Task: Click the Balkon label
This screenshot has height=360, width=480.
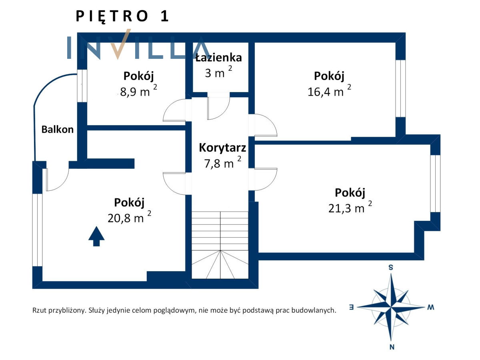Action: [57, 129]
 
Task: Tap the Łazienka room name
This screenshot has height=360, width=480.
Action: [218, 58]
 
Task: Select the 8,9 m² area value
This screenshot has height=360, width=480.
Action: [138, 90]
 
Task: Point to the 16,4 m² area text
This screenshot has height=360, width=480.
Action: [329, 90]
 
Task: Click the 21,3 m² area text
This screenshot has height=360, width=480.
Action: [350, 207]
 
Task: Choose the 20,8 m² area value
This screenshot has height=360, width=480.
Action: [129, 217]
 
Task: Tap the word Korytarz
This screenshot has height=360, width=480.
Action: [222, 148]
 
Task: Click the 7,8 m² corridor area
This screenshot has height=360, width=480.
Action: [223, 162]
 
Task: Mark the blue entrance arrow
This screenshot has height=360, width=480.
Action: [96, 236]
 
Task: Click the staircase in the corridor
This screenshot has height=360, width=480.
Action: [220, 245]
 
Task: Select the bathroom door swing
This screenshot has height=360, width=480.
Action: [218, 106]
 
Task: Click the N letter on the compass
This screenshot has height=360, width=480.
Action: [392, 347]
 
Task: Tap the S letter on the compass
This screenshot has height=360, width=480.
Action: [391, 267]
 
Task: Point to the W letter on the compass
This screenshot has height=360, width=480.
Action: [430, 307]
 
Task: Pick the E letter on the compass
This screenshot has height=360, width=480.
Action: [351, 307]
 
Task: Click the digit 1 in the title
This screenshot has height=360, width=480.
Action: [165, 16]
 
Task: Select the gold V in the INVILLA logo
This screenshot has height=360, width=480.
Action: [120, 44]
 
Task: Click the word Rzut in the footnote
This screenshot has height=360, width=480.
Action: [40, 310]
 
